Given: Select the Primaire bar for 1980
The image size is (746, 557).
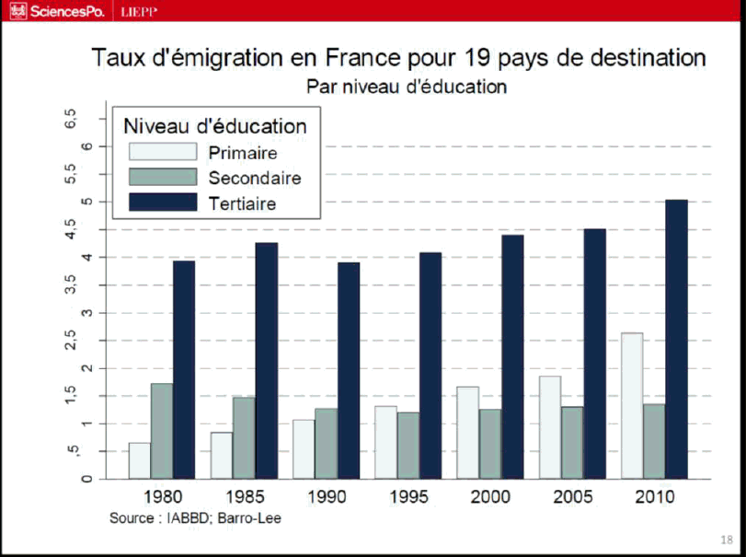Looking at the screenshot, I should point(140,460).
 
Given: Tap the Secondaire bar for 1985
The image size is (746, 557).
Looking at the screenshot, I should point(244,437).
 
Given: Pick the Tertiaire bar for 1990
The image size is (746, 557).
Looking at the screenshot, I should point(349,370).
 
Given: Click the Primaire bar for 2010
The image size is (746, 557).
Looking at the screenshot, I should point(632,405).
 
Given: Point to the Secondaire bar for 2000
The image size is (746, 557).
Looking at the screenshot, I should point(490,444).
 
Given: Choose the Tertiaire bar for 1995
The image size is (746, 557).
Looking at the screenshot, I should point(430,366).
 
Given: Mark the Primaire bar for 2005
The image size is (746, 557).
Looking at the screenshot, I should point(550,427).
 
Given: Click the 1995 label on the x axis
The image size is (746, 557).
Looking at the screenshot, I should point(408,497).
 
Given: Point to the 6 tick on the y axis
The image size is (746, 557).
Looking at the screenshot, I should point(86,146).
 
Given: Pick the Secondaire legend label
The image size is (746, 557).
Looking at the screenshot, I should point(255,178).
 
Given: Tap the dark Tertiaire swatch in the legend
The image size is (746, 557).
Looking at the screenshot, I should point(163,203).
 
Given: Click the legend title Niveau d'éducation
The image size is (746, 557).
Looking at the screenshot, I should point(214,126).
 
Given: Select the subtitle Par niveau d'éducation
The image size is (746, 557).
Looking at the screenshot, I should point(407,87).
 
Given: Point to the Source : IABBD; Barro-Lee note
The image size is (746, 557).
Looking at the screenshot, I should point(195,518).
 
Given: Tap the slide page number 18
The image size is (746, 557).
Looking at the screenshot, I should point(727,540).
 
